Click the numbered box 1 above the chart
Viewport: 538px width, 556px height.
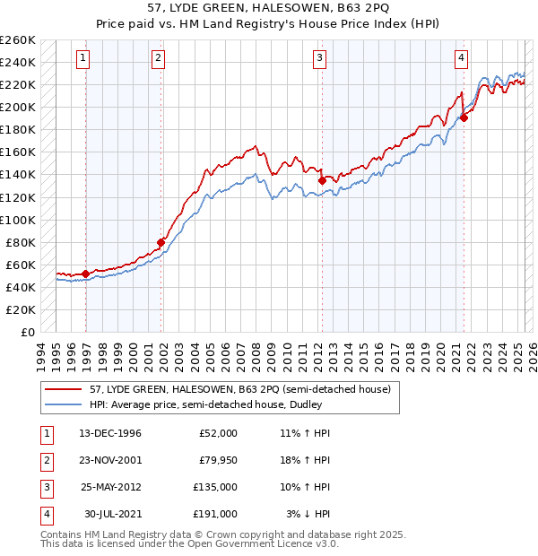tap(82, 59)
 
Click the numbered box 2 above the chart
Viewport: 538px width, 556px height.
tap(158, 59)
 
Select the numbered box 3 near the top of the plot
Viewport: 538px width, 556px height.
tap(319, 59)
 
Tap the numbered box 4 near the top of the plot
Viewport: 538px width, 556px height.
tap(461, 59)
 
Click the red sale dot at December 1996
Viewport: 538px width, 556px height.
tap(86, 274)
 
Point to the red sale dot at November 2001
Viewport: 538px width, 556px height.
tap(161, 242)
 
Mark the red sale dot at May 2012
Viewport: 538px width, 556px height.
tap(322, 180)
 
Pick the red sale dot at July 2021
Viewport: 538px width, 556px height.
tap(464, 117)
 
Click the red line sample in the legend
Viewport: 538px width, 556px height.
tap(63, 390)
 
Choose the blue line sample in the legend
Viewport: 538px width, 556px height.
tap(63, 404)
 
